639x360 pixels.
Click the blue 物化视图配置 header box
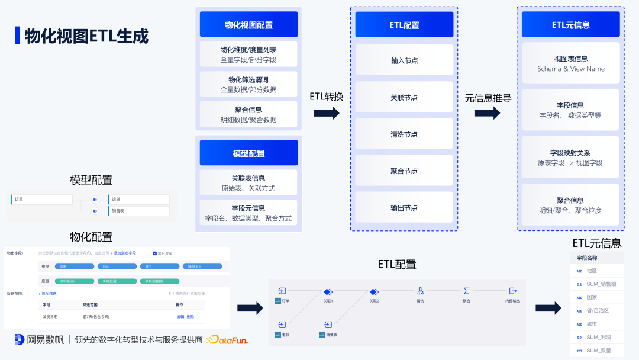(248, 25)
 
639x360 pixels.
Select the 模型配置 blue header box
(248, 153)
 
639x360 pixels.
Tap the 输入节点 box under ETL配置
(404, 60)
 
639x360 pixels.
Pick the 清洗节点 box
(404, 134)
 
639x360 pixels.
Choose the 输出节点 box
(404, 208)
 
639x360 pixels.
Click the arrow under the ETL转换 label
(327, 112)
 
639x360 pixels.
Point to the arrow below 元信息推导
(487, 112)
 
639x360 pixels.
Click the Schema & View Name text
(570, 69)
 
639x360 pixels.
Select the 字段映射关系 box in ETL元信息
(570, 157)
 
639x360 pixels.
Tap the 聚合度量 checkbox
(155, 253)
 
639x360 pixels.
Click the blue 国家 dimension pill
(75, 266)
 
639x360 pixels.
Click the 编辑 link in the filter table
(180, 317)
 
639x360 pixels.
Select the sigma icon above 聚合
(466, 291)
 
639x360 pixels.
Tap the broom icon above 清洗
(420, 291)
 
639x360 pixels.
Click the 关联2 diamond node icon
(374, 291)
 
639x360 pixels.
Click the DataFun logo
(227, 340)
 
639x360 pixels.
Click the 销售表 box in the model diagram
(138, 211)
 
